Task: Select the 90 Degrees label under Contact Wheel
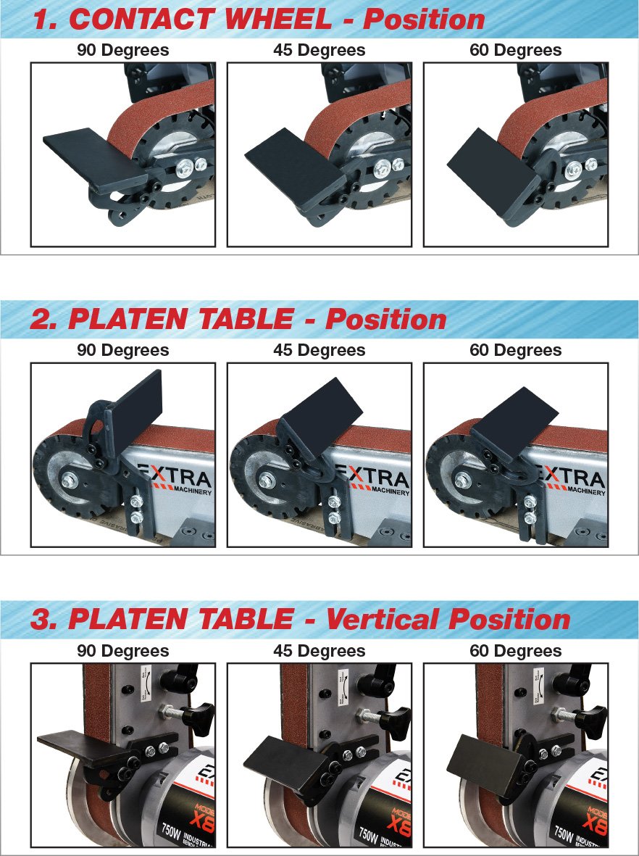point(123,51)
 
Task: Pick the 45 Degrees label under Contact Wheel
point(319,51)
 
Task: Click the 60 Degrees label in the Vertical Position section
point(516,651)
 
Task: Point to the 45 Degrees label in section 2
point(319,350)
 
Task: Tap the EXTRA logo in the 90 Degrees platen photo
point(175,478)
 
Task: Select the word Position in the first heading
point(424,19)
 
